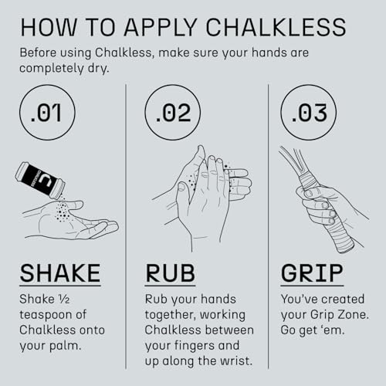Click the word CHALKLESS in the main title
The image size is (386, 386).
[x=276, y=27]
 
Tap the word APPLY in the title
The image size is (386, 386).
[x=161, y=27]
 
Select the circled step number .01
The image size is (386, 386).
[x=47, y=112]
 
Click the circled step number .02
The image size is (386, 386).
[x=173, y=112]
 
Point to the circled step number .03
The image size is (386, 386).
[x=309, y=112]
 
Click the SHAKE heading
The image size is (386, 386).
[x=60, y=273]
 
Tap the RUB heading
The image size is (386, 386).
[x=170, y=273]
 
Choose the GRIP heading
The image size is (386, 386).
[x=312, y=273]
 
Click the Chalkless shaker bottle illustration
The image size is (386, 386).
[x=40, y=181]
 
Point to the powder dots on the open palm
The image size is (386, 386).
[x=62, y=211]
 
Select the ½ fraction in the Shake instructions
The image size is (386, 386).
[x=64, y=300]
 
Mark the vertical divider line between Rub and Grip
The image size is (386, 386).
[x=268, y=226]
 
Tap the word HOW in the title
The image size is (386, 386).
[x=49, y=27]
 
